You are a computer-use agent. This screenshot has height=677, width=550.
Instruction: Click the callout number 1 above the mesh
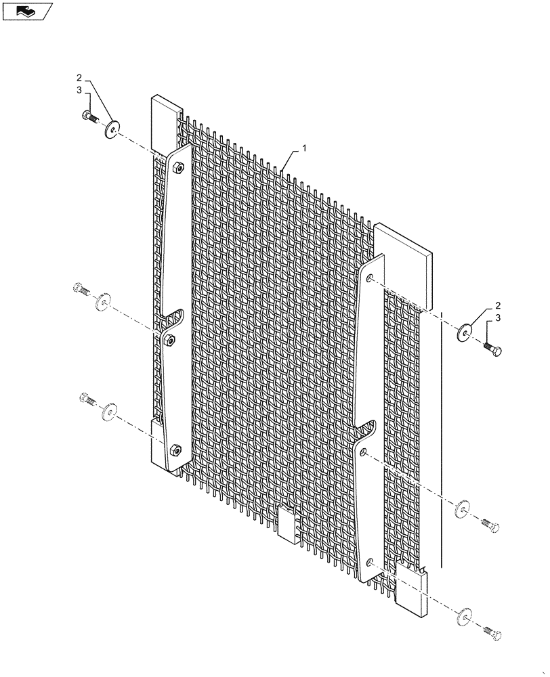[305, 148]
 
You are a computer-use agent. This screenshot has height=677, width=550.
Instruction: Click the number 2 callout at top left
[79, 78]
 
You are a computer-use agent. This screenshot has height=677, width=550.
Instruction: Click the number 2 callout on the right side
[498, 305]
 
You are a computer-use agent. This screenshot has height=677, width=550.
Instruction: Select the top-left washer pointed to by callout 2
[110, 128]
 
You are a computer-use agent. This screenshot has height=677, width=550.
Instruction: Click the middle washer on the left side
[104, 301]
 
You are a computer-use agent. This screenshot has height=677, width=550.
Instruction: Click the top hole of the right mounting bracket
[369, 277]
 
